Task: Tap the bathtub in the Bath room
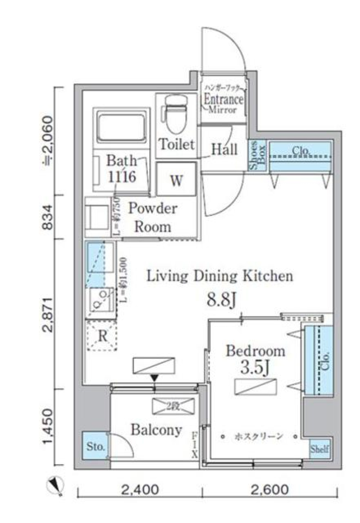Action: (121, 127)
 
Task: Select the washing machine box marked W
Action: (176, 179)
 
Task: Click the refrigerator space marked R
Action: (102, 336)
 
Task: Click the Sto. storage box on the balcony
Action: (96, 446)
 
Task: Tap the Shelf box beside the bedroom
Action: (320, 449)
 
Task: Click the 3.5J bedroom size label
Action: (255, 368)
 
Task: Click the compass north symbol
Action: (55, 487)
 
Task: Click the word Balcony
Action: (156, 430)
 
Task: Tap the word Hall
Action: (224, 149)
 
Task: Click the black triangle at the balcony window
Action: (154, 378)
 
